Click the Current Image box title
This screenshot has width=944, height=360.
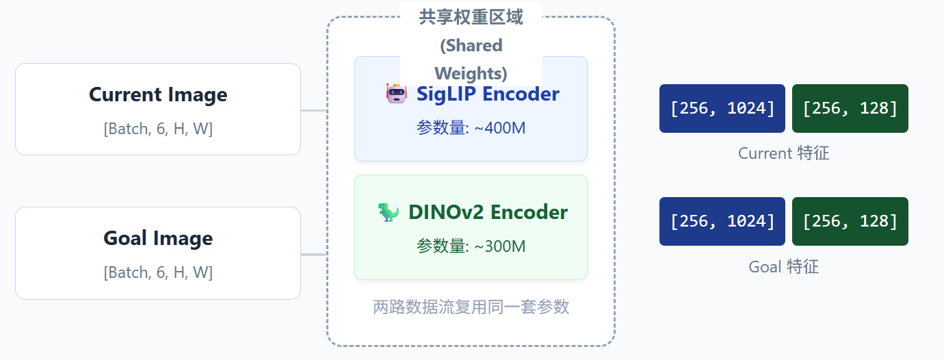(x=158, y=94)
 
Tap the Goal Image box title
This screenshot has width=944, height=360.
(x=158, y=238)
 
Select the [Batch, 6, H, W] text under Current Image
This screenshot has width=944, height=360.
(x=158, y=129)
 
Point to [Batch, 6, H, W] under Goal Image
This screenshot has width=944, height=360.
(x=158, y=272)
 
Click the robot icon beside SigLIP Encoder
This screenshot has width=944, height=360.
(x=397, y=93)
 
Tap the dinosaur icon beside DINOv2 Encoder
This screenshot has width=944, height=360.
(x=389, y=212)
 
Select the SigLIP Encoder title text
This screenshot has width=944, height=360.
(x=488, y=94)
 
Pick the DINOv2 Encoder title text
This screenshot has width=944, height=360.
(x=488, y=212)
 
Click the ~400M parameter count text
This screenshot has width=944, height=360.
(x=471, y=127)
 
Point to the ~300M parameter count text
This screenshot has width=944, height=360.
(x=471, y=246)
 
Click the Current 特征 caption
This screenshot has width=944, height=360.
(x=783, y=153)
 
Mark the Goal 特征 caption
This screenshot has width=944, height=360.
(x=783, y=267)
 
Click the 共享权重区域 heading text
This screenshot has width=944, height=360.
(x=471, y=18)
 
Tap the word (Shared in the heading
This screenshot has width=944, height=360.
(x=471, y=46)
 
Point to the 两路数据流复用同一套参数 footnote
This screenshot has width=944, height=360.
(x=471, y=307)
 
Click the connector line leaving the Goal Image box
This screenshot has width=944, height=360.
(x=314, y=255)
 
